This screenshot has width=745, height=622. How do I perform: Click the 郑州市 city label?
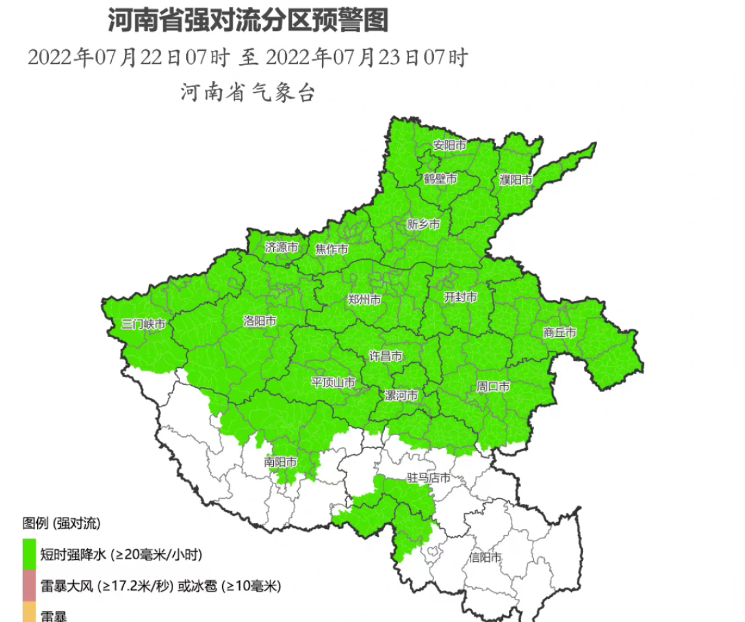click(364, 300)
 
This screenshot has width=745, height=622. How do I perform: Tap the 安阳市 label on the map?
click(449, 146)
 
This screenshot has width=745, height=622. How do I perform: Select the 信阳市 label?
click(485, 557)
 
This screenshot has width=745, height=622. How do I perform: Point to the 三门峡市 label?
click(143, 324)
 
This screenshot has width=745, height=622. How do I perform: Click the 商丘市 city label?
click(560, 333)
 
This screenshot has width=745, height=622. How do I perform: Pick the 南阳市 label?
click(280, 462)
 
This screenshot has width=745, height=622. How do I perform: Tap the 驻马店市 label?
click(428, 478)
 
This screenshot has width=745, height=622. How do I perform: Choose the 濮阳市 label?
click(516, 180)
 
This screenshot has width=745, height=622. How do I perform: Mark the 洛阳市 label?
click(260, 321)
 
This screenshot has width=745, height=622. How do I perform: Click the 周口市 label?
click(494, 387)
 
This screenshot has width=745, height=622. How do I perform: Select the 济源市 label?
click(281, 247)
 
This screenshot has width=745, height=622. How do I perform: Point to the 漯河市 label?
click(401, 396)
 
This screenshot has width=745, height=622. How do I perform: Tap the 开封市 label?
click(461, 298)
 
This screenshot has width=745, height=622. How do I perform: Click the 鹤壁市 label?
click(441, 179)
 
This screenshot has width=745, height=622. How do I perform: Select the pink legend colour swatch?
click(29, 586)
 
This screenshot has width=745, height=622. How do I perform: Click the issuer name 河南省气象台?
click(248, 94)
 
